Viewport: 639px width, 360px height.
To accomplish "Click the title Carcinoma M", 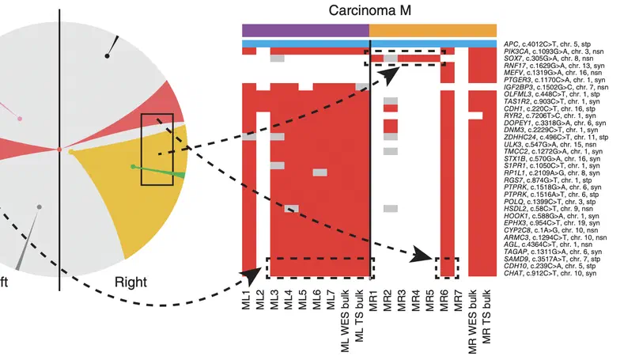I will [x=369, y=10].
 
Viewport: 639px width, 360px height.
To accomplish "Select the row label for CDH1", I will [x=550, y=109].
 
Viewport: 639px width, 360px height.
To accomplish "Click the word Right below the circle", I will [x=131, y=282].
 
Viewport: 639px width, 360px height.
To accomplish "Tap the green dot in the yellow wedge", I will [x=132, y=166].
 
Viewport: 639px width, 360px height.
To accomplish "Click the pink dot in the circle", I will [x=20, y=119].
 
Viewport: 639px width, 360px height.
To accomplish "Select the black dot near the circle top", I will [x=107, y=55].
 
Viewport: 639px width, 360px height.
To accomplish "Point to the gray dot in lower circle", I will [x=38, y=207].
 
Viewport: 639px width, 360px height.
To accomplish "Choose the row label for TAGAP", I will [x=554, y=251].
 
